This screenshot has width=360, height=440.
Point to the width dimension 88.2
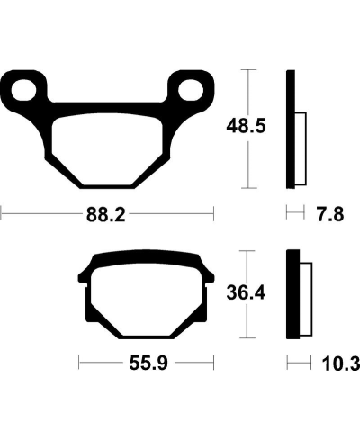(108, 215)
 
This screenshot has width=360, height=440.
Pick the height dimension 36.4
(244, 292)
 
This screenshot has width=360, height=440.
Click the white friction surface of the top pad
(109, 144)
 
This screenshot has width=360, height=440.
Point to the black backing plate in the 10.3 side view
(291, 294)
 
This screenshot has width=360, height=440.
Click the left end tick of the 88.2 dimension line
(2, 214)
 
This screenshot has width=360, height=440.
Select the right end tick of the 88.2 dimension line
(215, 214)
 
